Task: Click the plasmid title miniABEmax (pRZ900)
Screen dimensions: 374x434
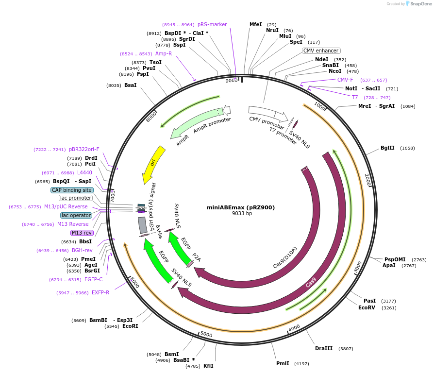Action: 241,207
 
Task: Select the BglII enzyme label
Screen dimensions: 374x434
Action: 387,148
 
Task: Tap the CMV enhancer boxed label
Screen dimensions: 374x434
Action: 321,51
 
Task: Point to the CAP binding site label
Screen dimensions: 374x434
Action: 71,190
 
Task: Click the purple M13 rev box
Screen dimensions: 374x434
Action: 81,233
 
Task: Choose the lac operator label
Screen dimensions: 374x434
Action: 76,215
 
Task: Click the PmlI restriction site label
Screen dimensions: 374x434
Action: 283,363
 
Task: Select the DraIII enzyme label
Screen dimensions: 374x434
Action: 324,348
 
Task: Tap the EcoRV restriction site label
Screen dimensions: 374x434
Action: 367,307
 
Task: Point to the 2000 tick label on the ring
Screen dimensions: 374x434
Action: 368,180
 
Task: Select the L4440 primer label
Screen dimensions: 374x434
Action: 84,172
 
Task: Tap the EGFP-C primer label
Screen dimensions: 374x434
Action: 94,279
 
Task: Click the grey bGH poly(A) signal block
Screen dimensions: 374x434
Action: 142,224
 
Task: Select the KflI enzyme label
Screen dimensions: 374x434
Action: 208,366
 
